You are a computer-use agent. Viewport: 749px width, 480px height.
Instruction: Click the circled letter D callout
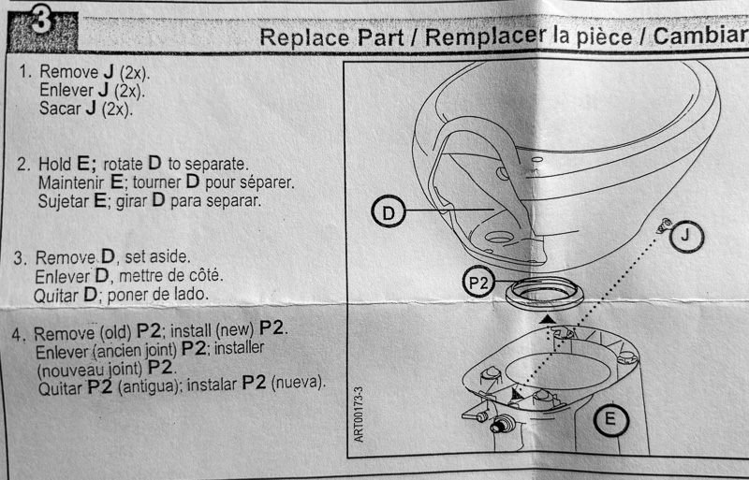point(389,214)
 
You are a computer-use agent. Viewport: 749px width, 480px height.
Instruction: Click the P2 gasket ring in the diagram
point(545,296)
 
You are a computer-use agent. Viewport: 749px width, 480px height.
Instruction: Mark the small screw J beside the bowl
point(664,224)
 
